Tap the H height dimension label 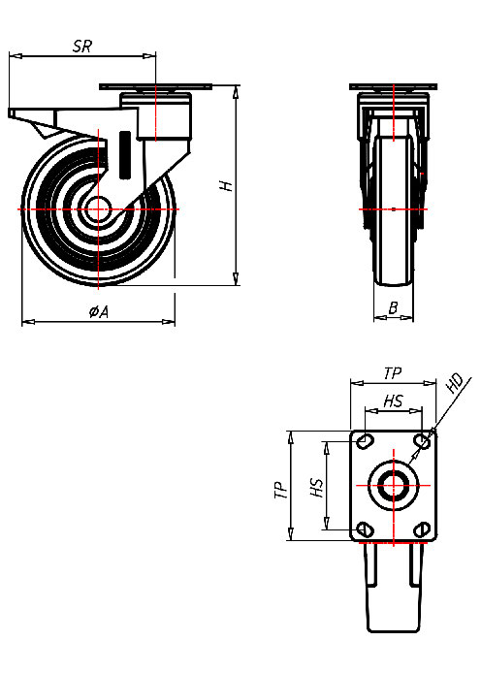pos(225,185)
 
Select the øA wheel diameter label pos(98,311)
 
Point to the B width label pos(393,308)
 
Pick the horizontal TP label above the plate pos(392,372)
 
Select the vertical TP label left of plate pos(279,489)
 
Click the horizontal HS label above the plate pos(393,401)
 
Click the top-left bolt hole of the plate pos(365,442)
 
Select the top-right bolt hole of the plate pos(421,442)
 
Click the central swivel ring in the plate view pos(393,485)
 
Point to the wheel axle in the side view pos(97,209)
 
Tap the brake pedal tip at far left pos(13,114)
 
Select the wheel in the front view pos(394,213)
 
